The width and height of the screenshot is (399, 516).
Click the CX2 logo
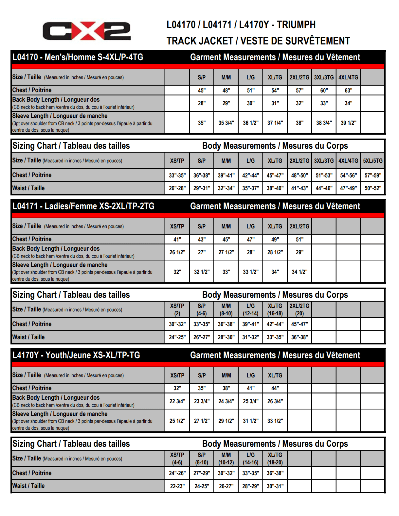(86, 31)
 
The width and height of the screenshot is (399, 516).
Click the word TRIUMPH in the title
(296, 25)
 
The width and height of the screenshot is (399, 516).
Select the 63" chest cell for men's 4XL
(348, 91)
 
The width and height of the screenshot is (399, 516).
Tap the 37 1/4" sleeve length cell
(275, 123)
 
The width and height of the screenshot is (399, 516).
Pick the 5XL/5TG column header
(372, 161)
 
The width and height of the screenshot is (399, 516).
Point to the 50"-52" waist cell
(372, 188)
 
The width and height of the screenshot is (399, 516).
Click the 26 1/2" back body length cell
(177, 252)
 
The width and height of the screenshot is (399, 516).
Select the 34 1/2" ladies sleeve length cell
(299, 272)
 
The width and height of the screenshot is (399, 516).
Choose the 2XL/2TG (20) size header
(299, 309)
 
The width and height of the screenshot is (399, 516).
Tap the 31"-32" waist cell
(250, 337)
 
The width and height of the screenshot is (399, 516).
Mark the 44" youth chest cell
(275, 388)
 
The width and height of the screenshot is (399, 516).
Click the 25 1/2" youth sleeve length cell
(177, 421)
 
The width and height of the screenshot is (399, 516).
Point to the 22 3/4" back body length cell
(177, 401)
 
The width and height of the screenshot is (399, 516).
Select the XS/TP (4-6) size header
(177, 458)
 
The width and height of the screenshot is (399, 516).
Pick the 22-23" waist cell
(177, 486)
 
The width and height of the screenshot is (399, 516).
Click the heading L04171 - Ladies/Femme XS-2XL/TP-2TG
(83, 206)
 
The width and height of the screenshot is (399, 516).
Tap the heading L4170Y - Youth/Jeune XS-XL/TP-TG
(76, 355)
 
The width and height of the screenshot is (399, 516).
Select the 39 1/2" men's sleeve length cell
(348, 123)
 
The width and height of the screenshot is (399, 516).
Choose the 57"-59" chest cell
(372, 175)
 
